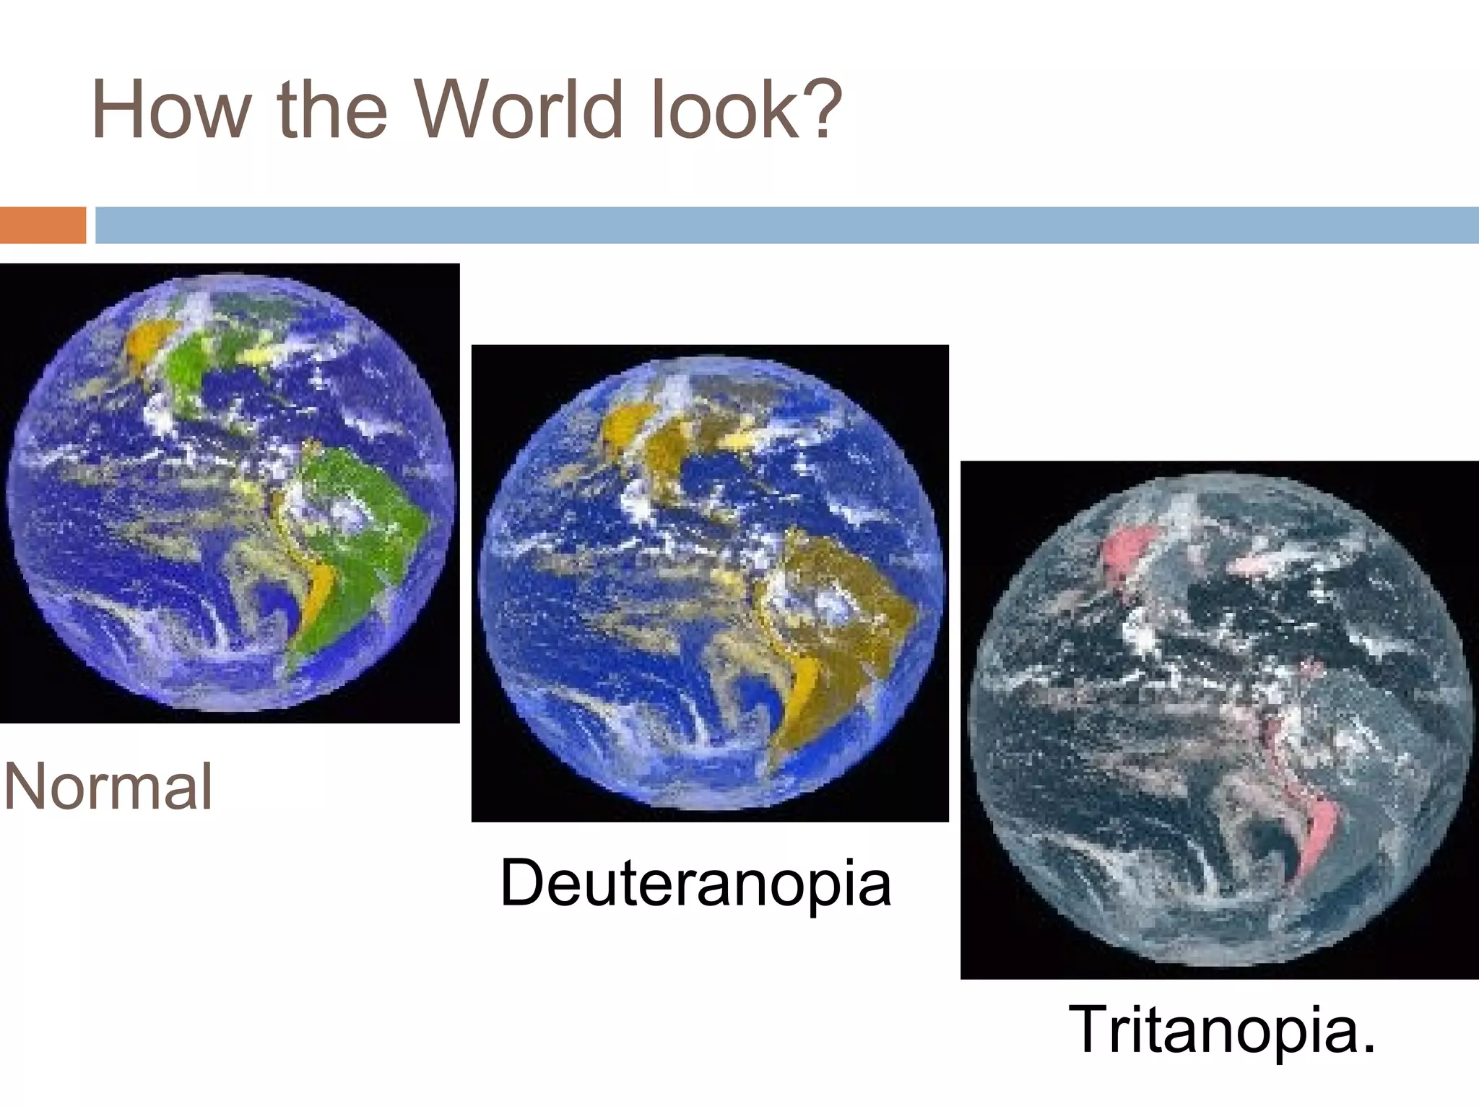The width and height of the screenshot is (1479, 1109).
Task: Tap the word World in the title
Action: [518, 110]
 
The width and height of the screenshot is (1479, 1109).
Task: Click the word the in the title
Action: [331, 110]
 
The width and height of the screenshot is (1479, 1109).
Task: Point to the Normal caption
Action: [109, 787]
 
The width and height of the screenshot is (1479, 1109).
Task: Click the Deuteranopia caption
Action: [695, 882]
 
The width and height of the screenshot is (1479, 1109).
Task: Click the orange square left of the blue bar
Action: [43, 225]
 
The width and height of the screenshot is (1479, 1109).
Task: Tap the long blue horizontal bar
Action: [786, 225]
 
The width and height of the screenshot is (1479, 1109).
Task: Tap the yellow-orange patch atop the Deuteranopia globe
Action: [625, 426]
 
